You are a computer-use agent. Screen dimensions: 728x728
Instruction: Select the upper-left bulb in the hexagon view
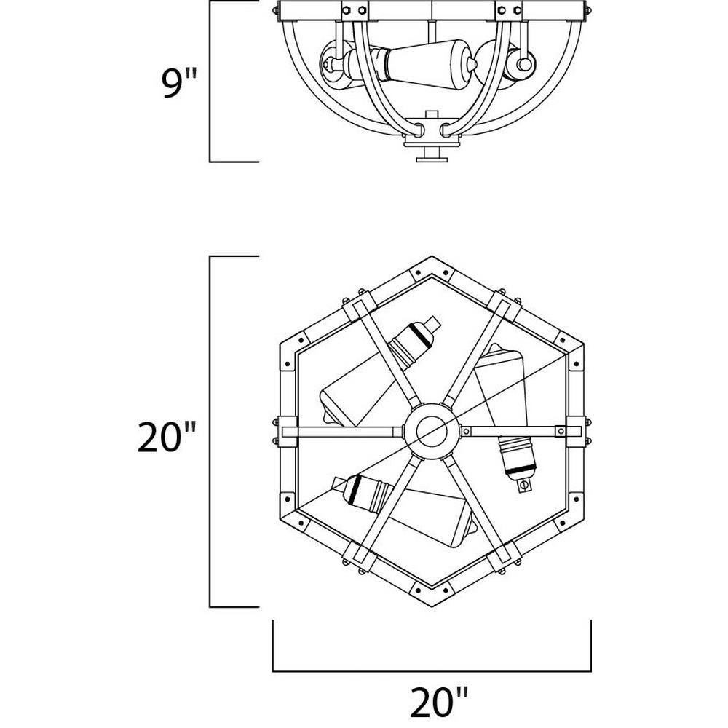[379, 371]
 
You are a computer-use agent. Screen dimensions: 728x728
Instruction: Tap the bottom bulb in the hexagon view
[404, 511]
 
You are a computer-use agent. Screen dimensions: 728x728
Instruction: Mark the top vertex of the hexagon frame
[432, 257]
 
